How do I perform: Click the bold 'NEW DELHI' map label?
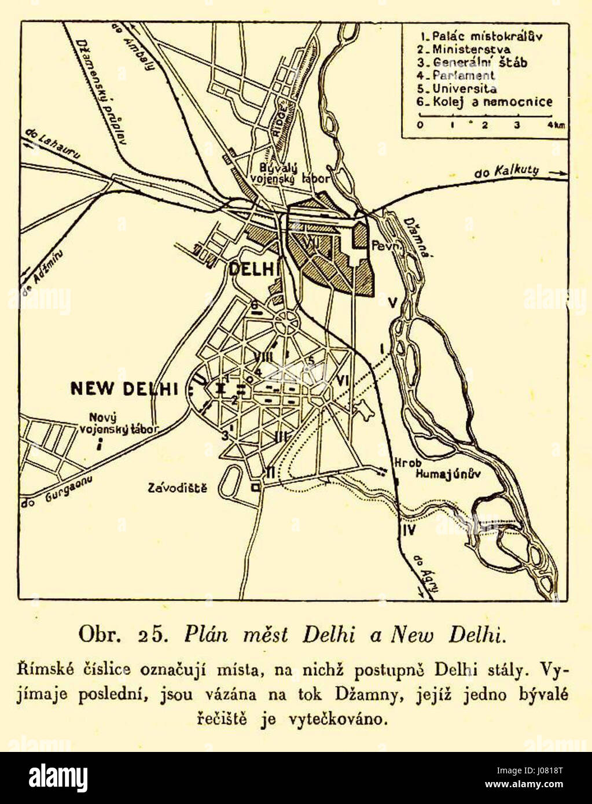tap(124, 388)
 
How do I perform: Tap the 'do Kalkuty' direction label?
tap(506, 171)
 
